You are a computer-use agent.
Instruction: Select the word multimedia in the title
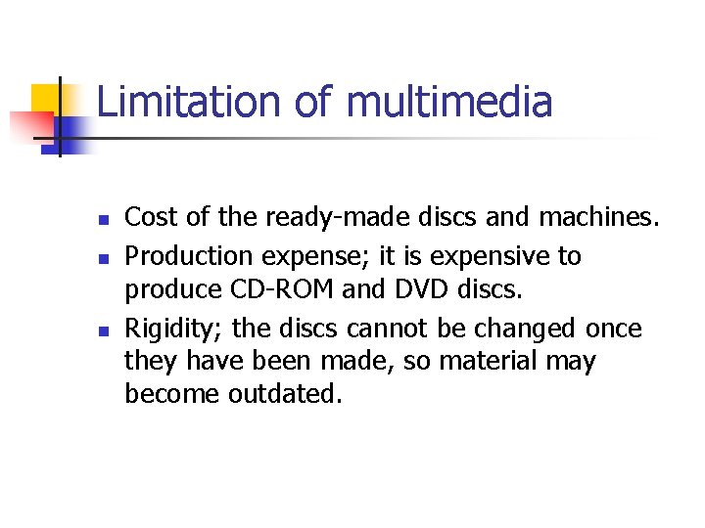pyautogui.click(x=449, y=103)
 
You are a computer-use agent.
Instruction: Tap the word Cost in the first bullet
pyautogui.click(x=148, y=217)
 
